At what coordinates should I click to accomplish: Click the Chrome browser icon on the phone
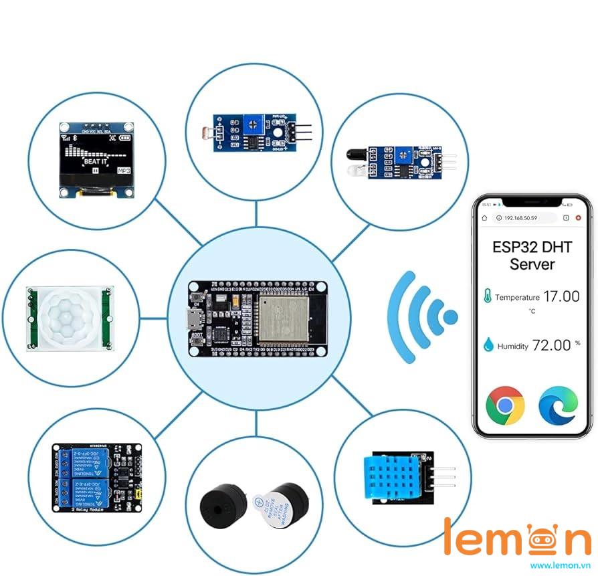pos(505,405)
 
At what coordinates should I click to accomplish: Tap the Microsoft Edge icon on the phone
pos(557,405)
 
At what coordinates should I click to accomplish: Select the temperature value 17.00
pos(561,296)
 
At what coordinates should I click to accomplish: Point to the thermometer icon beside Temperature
pos(488,296)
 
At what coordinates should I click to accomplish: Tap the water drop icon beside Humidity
pos(488,345)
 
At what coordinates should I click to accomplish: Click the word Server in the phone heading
pos(532,264)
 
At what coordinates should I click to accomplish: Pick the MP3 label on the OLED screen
pos(124,171)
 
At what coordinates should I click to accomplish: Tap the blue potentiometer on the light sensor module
pos(254,121)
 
